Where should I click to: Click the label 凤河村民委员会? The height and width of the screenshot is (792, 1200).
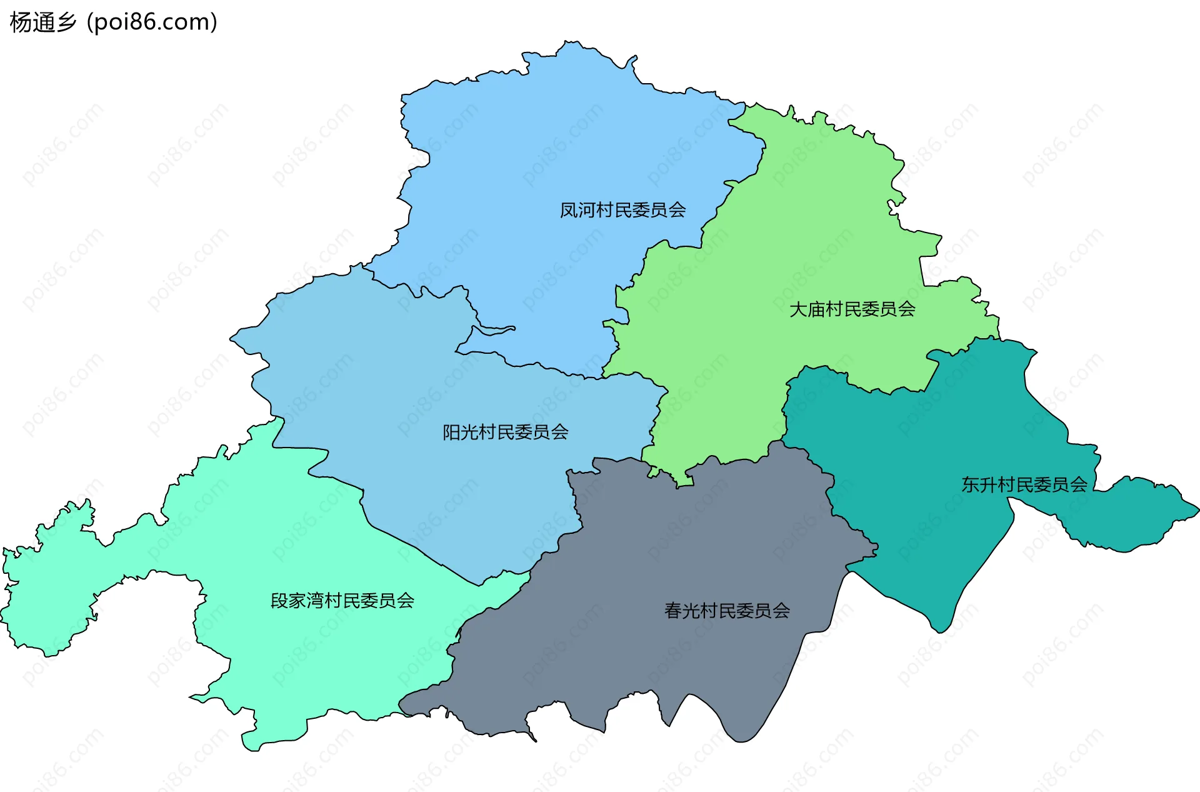[x=622, y=210]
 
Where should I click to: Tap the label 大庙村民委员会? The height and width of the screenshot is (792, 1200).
[x=852, y=309]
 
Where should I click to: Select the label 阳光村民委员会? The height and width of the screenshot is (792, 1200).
[x=505, y=432]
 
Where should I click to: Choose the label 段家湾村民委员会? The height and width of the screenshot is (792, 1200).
[x=342, y=601]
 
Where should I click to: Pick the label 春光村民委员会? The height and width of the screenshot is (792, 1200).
[x=727, y=611]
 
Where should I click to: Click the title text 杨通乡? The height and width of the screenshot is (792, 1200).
[x=42, y=23]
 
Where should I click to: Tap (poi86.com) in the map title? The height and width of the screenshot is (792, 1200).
[x=152, y=23]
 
